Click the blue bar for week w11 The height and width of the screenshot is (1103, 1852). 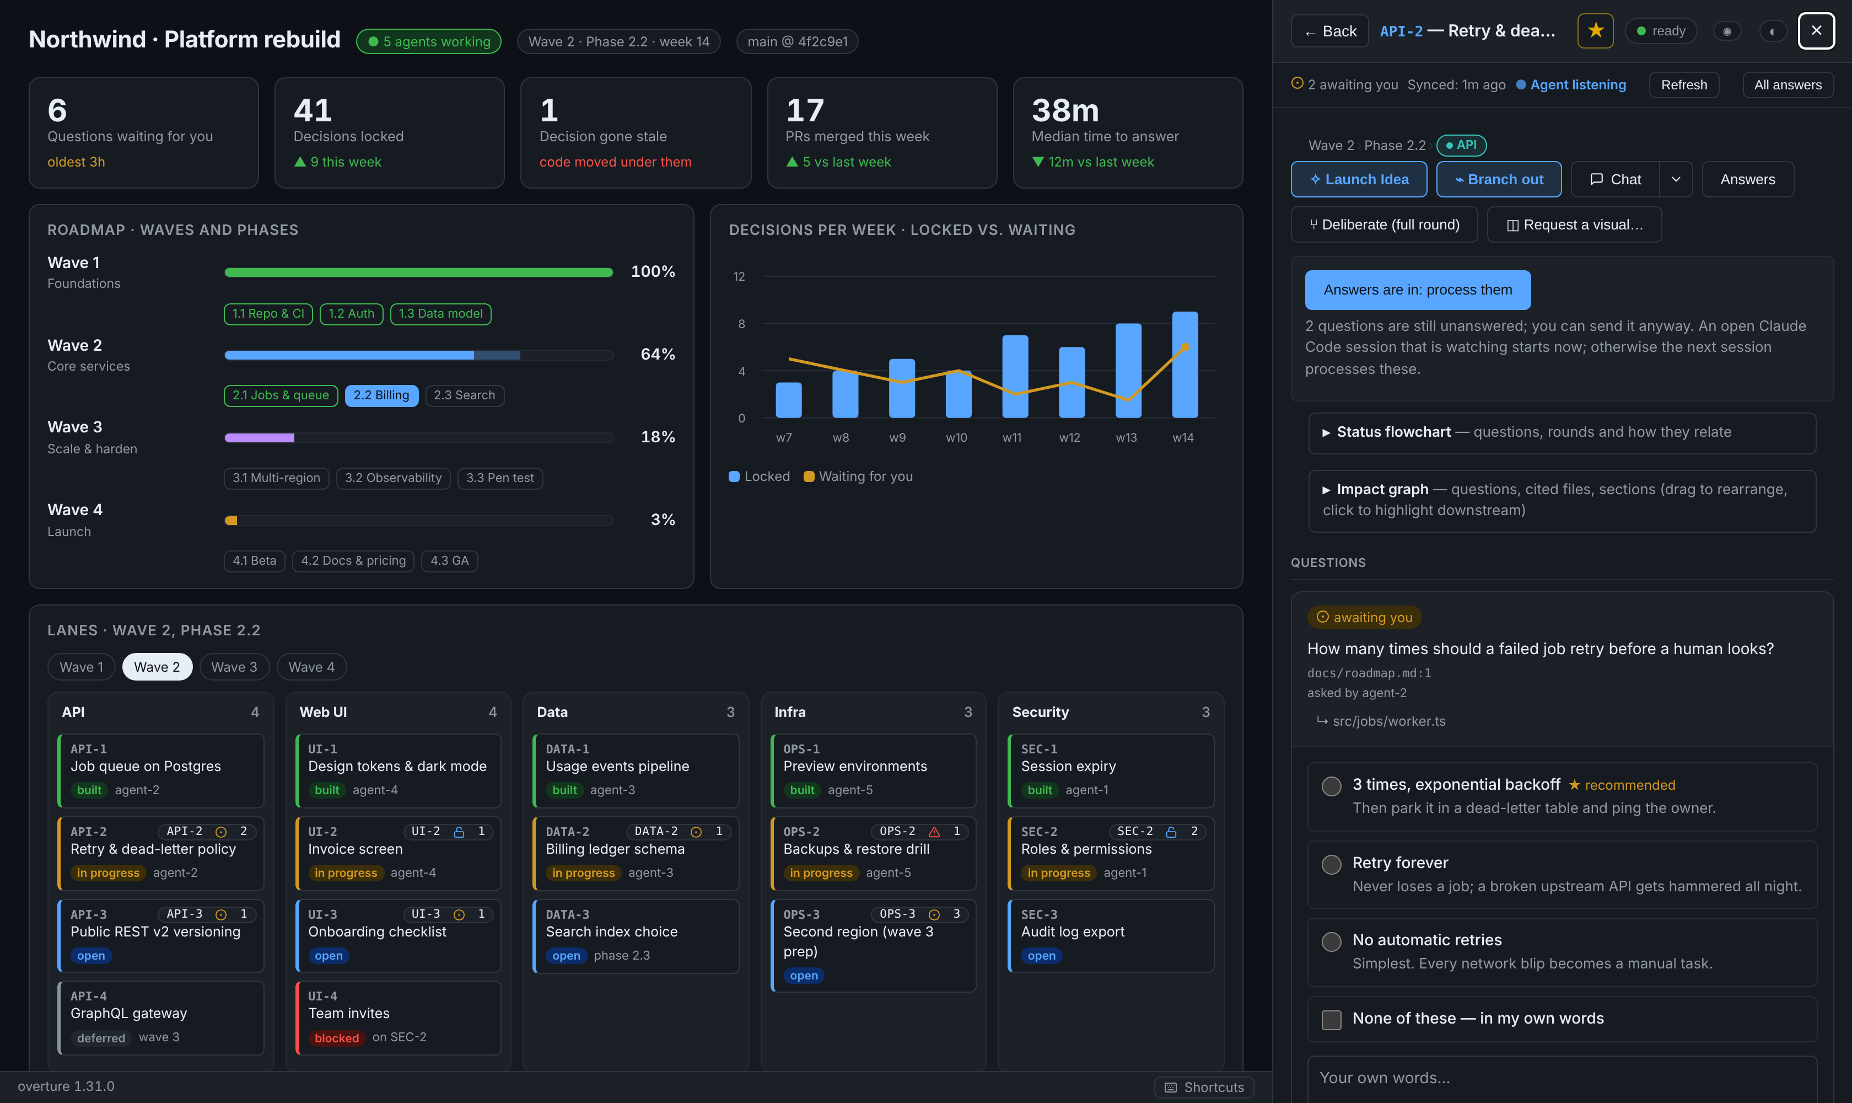click(1015, 376)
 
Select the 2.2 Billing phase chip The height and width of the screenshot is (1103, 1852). click(381, 395)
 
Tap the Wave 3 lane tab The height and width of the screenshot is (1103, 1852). click(234, 667)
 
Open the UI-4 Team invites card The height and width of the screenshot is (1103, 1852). click(398, 1018)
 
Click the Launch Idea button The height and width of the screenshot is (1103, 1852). click(1359, 179)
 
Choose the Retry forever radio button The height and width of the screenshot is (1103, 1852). click(1331, 864)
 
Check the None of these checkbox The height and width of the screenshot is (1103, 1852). click(1331, 1019)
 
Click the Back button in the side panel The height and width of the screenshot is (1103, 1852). click(1330, 31)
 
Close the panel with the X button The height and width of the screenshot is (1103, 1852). click(1816, 30)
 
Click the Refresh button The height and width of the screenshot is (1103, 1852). click(1683, 85)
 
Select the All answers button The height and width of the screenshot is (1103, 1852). click(1788, 85)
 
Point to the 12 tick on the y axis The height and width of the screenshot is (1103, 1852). click(739, 276)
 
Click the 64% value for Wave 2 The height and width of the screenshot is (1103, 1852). click(658, 355)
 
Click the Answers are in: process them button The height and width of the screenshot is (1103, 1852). click(1418, 290)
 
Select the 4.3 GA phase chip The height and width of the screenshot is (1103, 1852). click(449, 560)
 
